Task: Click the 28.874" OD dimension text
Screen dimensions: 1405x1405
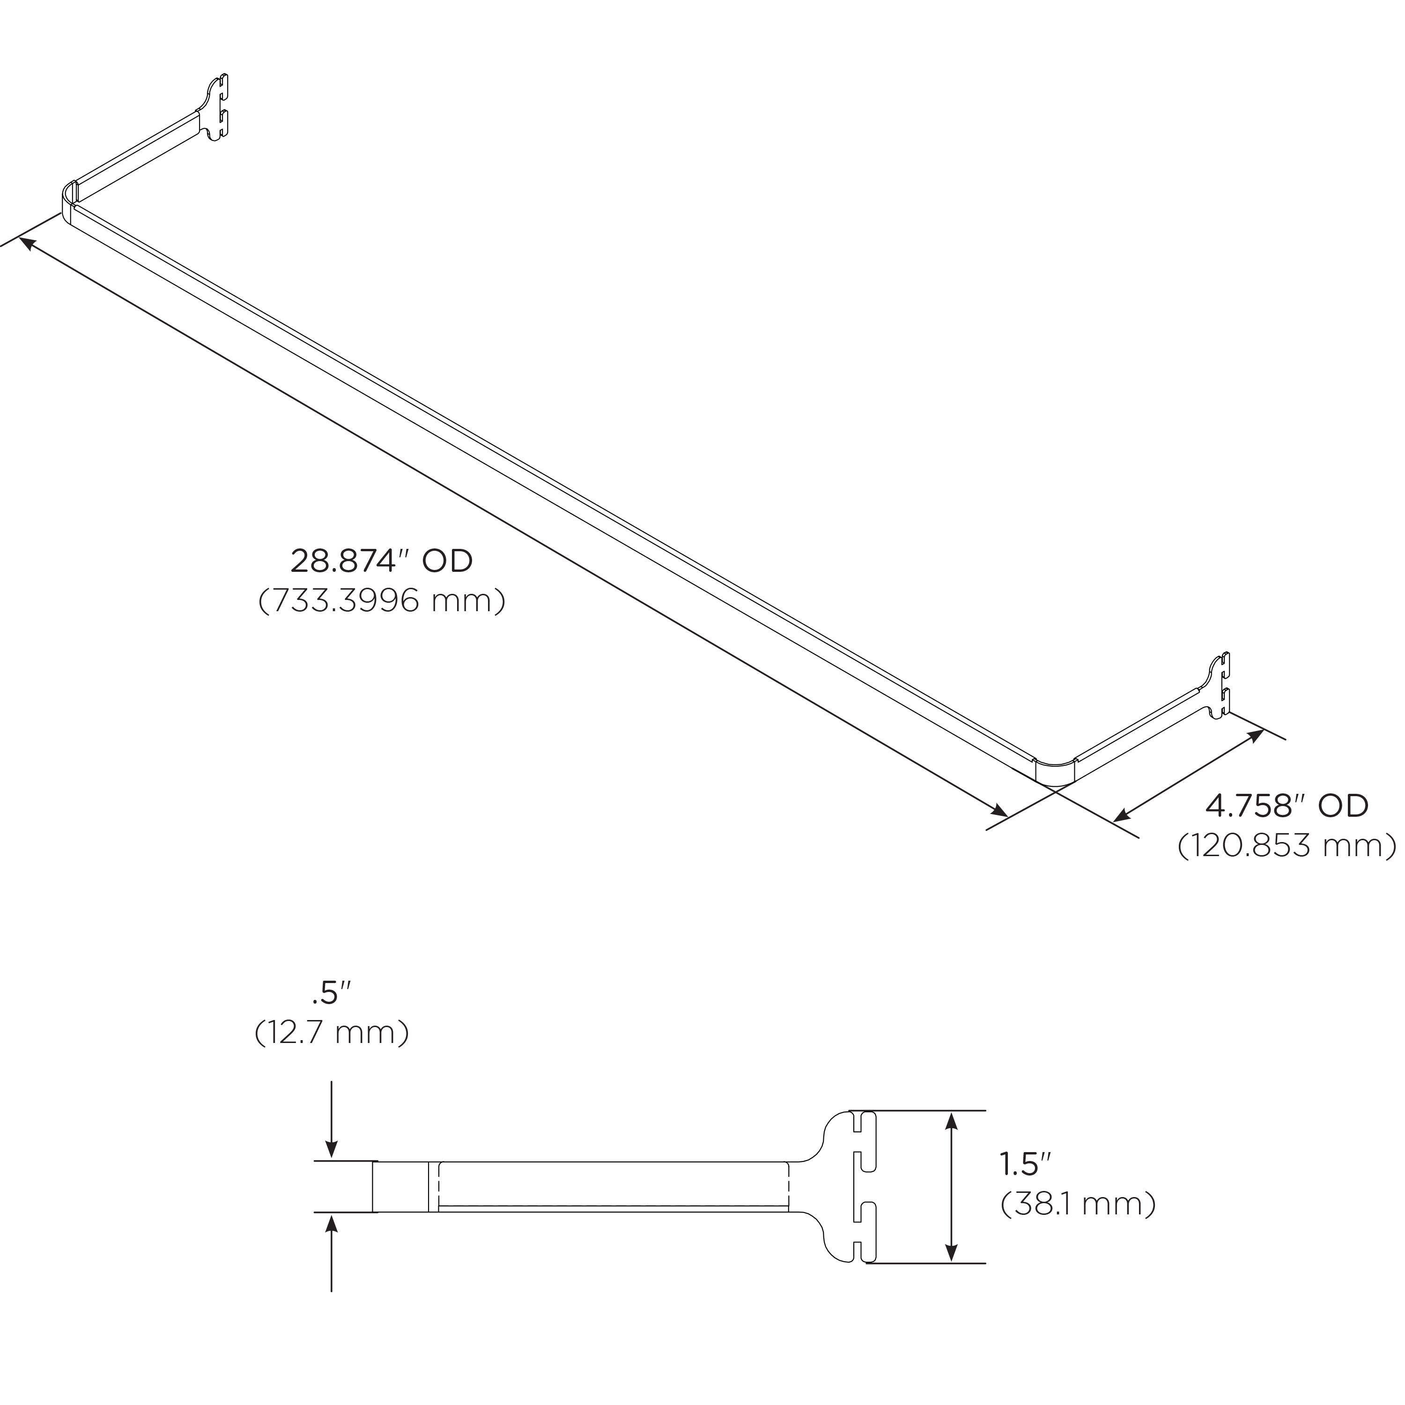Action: pos(381,562)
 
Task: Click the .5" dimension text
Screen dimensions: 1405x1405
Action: pos(331,993)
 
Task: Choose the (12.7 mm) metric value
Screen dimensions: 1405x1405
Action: pos(331,1034)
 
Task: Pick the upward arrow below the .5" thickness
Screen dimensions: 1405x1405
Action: pos(332,1223)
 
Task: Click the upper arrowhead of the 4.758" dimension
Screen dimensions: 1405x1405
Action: pos(1256,735)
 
